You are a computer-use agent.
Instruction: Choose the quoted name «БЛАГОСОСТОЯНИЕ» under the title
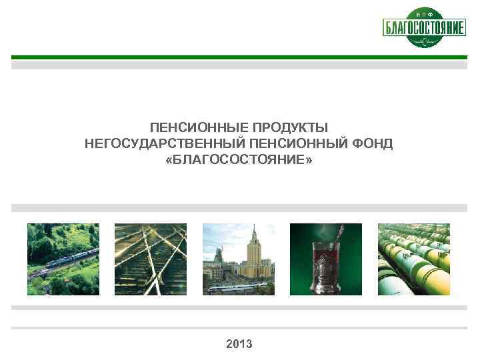pos(239,161)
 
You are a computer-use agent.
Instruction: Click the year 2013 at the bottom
pos(239,344)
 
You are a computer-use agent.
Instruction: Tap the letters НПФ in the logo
pos(424,14)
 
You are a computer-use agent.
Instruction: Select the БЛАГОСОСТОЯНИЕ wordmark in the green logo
pos(424,28)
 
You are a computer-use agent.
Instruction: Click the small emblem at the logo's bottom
pos(424,42)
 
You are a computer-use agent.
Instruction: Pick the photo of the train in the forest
pos(63,259)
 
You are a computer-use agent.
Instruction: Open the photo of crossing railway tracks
pos(151,259)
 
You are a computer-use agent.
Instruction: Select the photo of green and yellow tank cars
pos(414,259)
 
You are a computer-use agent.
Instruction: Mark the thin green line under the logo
pos(239,57)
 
